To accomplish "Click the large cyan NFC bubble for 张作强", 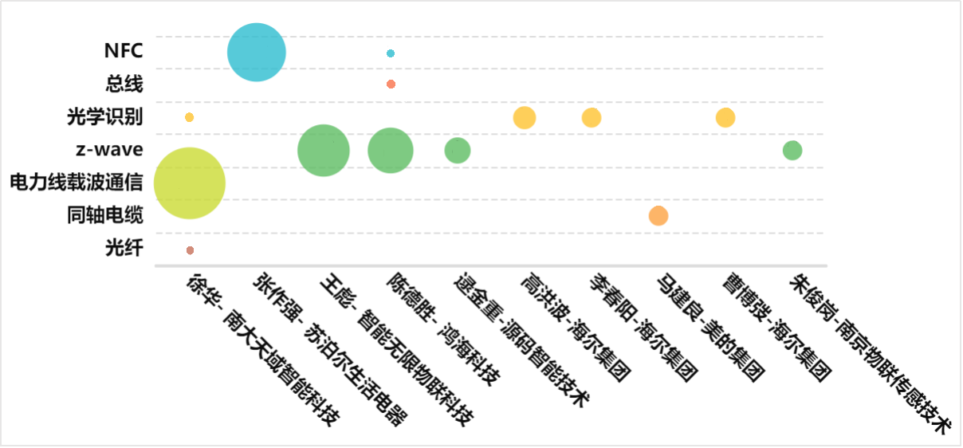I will click(x=257, y=53).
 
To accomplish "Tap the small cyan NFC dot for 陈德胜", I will click(x=391, y=53).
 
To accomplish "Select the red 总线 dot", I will click(x=391, y=84).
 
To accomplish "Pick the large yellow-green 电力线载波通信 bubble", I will click(x=190, y=183).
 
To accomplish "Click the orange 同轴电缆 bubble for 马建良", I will click(x=658, y=216).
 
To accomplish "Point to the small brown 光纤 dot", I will click(x=190, y=250).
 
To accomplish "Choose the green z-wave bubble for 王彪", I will click(x=324, y=151).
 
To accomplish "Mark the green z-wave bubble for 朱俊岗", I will click(x=792, y=150).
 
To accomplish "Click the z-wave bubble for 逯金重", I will click(x=458, y=150).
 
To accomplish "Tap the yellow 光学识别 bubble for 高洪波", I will click(x=525, y=117).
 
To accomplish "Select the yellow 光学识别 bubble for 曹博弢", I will click(x=725, y=117).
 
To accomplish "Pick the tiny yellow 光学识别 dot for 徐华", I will click(x=190, y=117).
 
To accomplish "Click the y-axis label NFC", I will click(x=124, y=51).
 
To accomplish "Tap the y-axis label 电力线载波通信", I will click(x=77, y=183).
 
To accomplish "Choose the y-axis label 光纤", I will click(x=124, y=249).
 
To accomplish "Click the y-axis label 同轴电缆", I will click(x=105, y=216).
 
